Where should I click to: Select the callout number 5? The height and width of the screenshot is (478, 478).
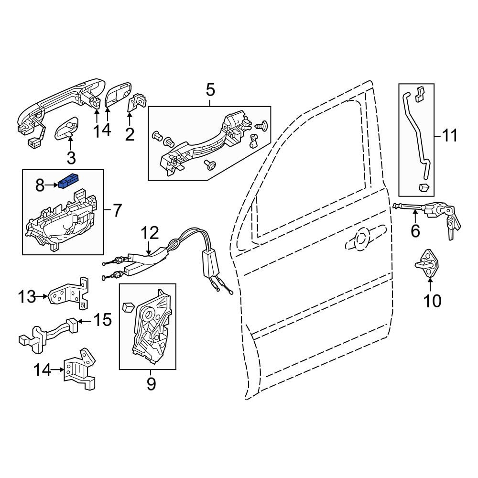(210, 90)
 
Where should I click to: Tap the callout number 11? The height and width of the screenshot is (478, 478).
(450, 135)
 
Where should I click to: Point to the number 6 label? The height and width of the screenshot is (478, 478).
(415, 231)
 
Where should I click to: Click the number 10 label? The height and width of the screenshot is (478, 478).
(433, 301)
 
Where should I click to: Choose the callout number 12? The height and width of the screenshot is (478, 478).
(150, 233)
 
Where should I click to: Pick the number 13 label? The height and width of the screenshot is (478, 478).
(27, 297)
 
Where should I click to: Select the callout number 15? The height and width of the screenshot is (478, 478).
(102, 320)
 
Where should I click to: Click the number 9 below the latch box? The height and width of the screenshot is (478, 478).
(151, 384)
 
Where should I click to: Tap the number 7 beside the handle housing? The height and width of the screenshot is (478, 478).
(118, 210)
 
